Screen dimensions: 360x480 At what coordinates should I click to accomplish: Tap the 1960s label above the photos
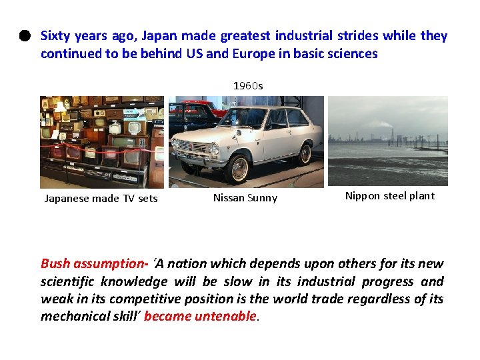(247, 86)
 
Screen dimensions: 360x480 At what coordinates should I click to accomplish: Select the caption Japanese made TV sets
(101, 198)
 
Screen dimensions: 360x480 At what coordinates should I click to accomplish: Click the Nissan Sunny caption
(245, 198)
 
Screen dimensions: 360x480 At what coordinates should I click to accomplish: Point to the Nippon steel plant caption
(389, 195)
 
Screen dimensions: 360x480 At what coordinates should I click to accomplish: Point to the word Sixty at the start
(56, 36)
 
